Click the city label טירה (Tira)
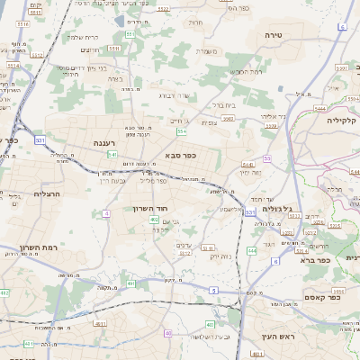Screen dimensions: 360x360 point(274,35)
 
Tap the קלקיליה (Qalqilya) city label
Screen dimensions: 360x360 point(341,121)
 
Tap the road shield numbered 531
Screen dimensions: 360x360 point(40,140)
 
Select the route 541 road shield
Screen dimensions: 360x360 point(112,155)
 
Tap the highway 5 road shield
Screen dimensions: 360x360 point(212,290)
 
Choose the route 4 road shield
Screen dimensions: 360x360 point(106,213)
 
